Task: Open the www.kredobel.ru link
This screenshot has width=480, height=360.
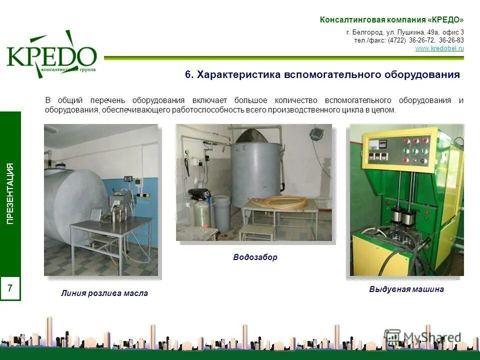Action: tap(439, 48)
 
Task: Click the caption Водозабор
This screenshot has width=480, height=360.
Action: tap(255, 257)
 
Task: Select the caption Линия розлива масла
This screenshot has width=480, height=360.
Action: tap(104, 293)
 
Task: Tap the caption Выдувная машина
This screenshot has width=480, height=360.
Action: tap(406, 289)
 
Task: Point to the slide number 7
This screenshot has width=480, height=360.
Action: tap(10, 288)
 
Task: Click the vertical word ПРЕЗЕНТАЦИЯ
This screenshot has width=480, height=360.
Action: tap(10, 193)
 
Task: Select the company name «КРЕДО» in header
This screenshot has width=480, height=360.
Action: tap(445, 20)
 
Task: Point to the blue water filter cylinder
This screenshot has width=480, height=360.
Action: tap(202, 213)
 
